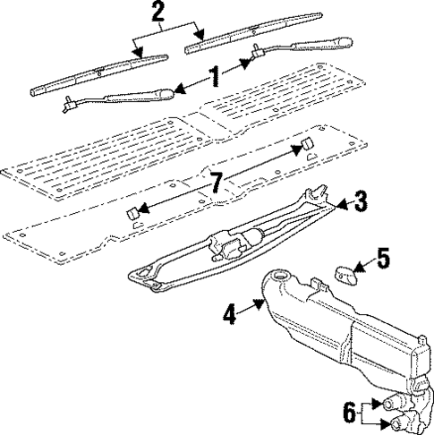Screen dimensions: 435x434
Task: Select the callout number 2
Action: coord(158,13)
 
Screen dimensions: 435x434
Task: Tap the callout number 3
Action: coord(359,203)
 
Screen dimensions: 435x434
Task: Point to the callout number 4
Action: coord(231,314)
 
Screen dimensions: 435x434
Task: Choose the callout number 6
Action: coord(350,413)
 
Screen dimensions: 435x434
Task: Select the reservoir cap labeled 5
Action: coord(345,271)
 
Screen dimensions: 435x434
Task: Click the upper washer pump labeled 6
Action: coord(391,403)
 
